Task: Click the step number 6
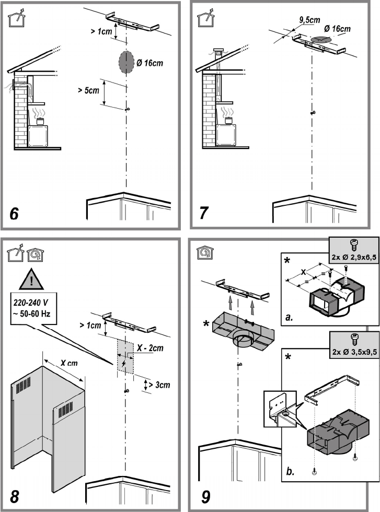(14, 214)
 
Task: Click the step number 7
(203, 213)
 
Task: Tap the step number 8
(15, 497)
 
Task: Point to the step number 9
(205, 497)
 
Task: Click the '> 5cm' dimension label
(88, 90)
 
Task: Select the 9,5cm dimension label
(310, 20)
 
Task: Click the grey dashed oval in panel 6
(126, 62)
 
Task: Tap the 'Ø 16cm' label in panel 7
(337, 29)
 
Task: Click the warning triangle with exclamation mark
(31, 280)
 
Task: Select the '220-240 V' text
(31, 302)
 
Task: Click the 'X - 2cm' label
(150, 348)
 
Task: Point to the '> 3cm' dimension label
(159, 385)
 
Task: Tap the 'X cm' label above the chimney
(69, 363)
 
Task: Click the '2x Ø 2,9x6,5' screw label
(354, 257)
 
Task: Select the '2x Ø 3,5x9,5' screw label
(354, 352)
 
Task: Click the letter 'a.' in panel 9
(289, 317)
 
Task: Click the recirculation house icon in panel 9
(205, 253)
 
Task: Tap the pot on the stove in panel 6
(40, 122)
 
